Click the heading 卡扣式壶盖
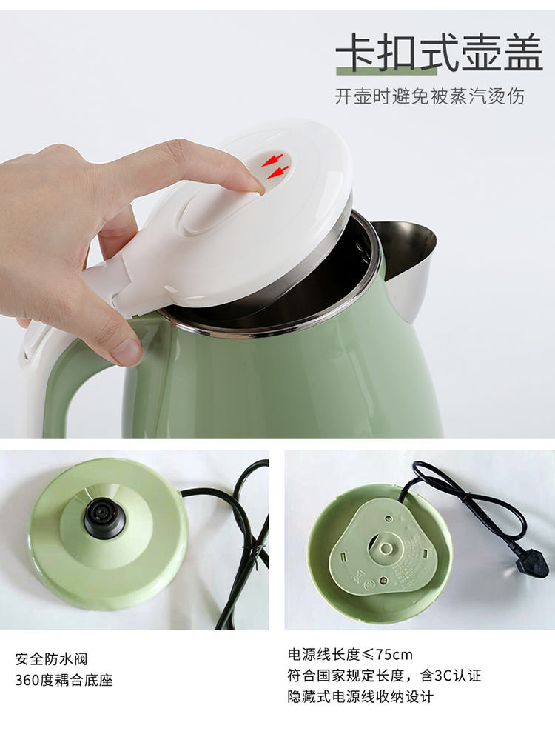tap(440, 52)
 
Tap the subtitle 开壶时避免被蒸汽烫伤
tap(429, 96)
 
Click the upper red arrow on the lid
tap(272, 159)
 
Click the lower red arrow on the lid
tap(277, 173)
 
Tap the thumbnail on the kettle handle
tap(126, 352)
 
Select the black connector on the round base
tap(104, 519)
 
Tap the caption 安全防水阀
tap(51, 659)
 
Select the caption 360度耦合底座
tap(64, 680)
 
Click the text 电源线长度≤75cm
tap(350, 654)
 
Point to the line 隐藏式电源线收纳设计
tap(360, 696)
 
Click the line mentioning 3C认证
tap(385, 676)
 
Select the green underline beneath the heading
tap(386, 71)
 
